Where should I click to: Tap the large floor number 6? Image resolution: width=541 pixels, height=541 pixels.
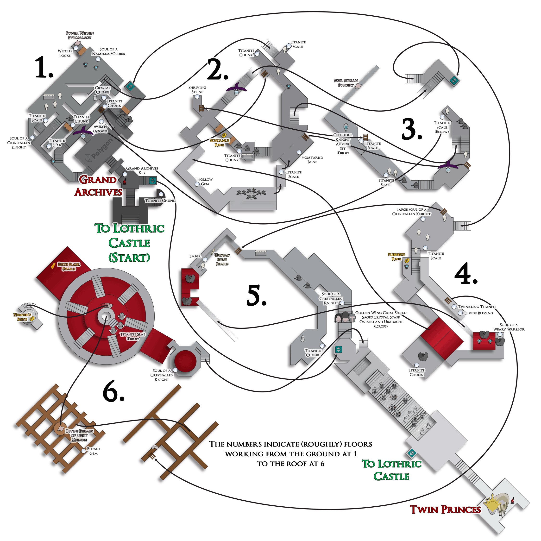coord(113,392)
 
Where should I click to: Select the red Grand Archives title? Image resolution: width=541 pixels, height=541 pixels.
coord(98,186)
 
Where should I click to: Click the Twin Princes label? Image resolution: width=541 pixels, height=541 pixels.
coord(445,510)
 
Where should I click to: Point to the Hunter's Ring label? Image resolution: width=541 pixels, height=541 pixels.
coord(22,317)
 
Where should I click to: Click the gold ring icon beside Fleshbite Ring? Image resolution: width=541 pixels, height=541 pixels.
coord(407,260)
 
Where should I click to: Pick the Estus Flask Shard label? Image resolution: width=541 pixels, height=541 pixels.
coord(69,267)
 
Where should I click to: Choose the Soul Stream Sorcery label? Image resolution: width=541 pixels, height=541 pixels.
coord(346,83)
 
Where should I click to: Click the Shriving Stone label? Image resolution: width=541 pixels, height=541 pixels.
coord(197,90)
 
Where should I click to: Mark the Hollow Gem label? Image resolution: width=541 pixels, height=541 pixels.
coord(205,182)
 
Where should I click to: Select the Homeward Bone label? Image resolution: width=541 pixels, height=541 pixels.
coord(312,160)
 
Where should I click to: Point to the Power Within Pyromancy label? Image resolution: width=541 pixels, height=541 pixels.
coord(80,35)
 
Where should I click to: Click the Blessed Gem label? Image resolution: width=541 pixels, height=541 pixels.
coord(93,451)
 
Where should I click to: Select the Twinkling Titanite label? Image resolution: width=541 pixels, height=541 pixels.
coord(477,307)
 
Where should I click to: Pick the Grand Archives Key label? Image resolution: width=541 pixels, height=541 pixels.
coord(142,170)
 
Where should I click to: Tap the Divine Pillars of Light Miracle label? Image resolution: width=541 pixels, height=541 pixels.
coord(79,435)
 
